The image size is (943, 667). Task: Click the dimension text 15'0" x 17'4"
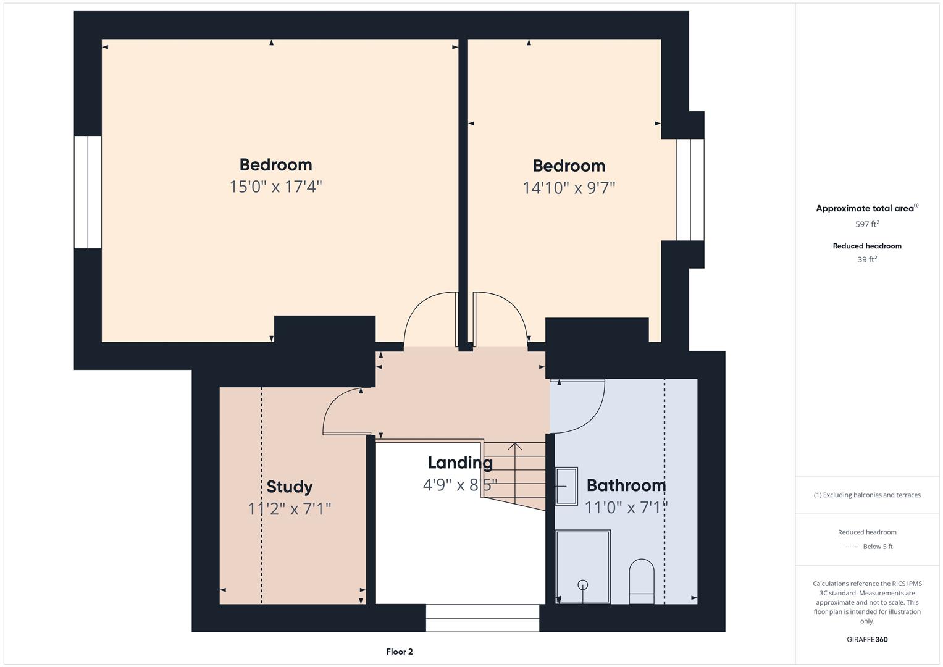pyautogui.click(x=275, y=187)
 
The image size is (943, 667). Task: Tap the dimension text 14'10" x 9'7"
pyautogui.click(x=569, y=188)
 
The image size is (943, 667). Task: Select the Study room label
pyautogui.click(x=289, y=487)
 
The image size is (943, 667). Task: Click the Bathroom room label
pyautogui.click(x=626, y=485)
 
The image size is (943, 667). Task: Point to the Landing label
pyautogui.click(x=460, y=463)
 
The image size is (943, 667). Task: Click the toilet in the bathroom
pyautogui.click(x=641, y=581)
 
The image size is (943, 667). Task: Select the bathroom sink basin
pyautogui.click(x=566, y=486)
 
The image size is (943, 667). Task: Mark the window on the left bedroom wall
pyautogui.click(x=88, y=192)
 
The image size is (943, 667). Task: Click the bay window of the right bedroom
pyautogui.click(x=690, y=190)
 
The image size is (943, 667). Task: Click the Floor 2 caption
pyautogui.click(x=399, y=652)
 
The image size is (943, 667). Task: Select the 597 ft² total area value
pyautogui.click(x=866, y=224)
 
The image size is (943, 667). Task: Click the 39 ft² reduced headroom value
pyautogui.click(x=866, y=259)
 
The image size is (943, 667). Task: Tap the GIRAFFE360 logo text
pyautogui.click(x=866, y=639)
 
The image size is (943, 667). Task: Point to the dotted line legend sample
pyautogui.click(x=850, y=547)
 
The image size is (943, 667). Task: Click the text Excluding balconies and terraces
pyautogui.click(x=866, y=495)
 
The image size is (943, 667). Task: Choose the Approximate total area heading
pyautogui.click(x=865, y=208)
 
